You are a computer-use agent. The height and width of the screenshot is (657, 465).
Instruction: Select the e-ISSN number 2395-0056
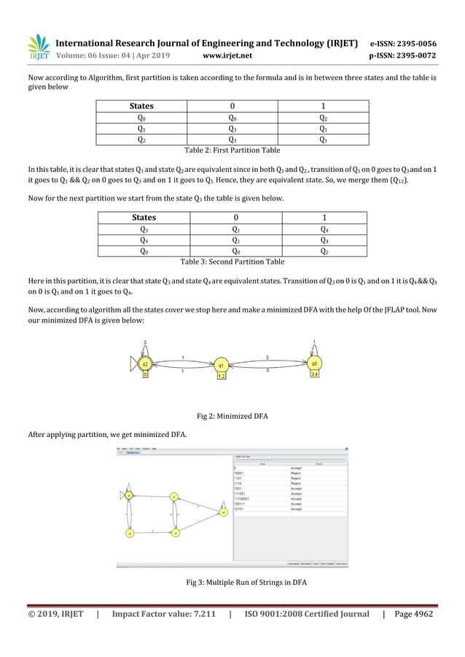(415, 42)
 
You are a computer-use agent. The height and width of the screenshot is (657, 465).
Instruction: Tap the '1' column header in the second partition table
(322, 217)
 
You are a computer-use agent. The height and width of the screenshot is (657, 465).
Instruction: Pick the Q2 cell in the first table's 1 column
(323, 117)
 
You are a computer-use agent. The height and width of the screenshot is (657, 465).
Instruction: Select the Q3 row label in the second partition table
(143, 229)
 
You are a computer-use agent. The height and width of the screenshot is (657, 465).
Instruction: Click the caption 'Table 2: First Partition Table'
(232, 149)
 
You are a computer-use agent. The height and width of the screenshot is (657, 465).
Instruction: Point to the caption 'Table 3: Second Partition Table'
(232, 261)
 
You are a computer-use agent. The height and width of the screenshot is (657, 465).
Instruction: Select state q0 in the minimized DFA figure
(314, 363)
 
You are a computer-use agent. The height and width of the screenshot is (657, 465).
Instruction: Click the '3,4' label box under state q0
(314, 374)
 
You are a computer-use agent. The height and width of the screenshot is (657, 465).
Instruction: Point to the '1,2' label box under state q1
(222, 377)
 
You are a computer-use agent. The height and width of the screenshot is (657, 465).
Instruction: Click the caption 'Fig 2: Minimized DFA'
(232, 416)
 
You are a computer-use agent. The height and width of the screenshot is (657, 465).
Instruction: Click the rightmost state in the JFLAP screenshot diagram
(224, 511)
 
